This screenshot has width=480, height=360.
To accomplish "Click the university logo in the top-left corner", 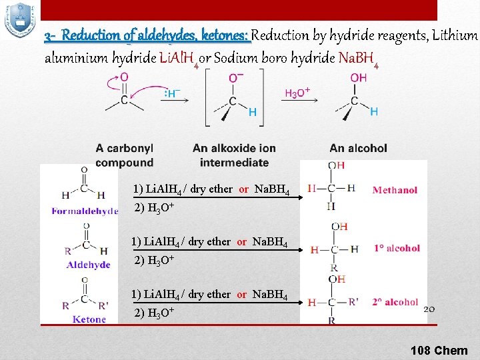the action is (19, 20).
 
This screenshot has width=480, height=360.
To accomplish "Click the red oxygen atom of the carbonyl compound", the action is (125, 78).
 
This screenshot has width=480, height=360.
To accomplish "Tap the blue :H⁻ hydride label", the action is (171, 94).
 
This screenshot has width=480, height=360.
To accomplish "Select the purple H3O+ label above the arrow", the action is (297, 93).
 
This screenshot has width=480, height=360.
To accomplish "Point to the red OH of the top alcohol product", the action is (358, 78).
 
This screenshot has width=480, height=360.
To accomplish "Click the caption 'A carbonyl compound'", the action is (125, 155).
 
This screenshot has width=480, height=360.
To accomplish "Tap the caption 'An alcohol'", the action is (358, 148).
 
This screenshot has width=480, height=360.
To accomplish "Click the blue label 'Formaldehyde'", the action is (85, 211).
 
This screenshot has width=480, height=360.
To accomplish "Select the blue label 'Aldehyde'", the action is (88, 265).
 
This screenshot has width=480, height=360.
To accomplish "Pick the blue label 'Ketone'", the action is (89, 319).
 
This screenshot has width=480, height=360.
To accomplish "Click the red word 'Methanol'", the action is (395, 190).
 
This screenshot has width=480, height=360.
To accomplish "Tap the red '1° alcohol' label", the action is (397, 248).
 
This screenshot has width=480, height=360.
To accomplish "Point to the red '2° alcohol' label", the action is (396, 302).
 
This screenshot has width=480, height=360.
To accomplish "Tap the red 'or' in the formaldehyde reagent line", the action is (243, 189).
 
